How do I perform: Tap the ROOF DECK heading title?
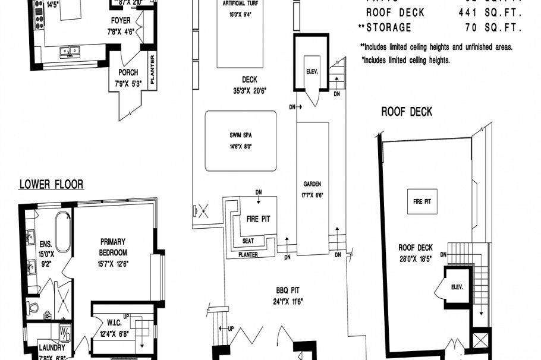[407, 112]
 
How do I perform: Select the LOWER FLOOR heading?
[51, 184]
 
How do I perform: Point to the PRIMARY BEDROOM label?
[112, 246]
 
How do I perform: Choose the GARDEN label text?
[312, 184]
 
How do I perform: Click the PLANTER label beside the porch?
[153, 71]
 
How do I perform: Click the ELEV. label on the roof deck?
[457, 287]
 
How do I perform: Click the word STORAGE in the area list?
[388, 27]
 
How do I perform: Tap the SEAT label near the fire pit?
[249, 241]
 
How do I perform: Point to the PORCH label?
[128, 72]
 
